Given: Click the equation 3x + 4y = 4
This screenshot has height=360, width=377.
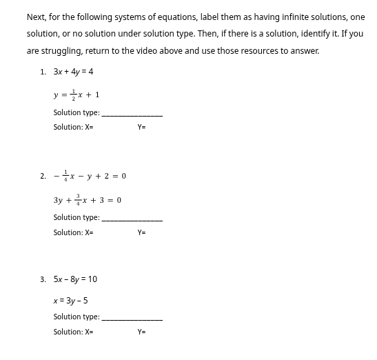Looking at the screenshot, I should [73, 72].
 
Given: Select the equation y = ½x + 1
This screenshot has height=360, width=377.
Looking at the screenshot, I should [77, 94].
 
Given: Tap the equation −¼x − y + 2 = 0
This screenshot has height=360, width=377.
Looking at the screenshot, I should [90, 176].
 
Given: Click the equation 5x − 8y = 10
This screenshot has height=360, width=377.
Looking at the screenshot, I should [75, 279].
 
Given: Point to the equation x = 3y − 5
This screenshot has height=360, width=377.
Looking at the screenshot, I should [70, 301].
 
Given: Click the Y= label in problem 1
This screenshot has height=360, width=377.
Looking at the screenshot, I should [141, 128].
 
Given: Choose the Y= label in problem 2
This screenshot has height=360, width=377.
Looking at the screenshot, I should [141, 233].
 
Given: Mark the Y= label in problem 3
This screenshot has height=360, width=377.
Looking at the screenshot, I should [141, 332].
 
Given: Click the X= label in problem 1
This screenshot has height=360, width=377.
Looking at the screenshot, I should [89, 128].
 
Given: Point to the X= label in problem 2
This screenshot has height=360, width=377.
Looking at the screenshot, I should [89, 233].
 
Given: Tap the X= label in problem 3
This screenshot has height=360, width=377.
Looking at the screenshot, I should [89, 332].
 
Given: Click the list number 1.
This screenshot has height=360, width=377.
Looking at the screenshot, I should [43, 72].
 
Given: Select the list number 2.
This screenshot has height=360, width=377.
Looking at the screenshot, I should [43, 176].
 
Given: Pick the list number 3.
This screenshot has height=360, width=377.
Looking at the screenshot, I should [43, 279].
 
